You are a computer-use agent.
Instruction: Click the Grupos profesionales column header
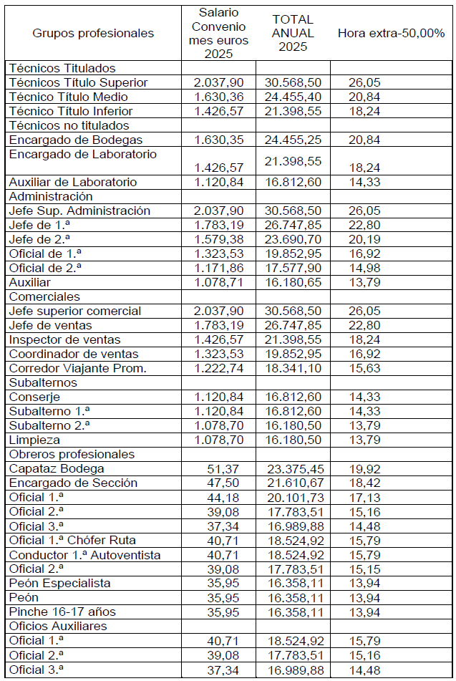coord(93,33)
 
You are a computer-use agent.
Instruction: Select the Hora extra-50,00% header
coord(391,33)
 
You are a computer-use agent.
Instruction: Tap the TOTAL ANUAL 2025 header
coord(293,33)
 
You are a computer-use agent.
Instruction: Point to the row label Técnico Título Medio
coord(68,97)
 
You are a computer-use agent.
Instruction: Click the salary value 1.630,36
coord(218,97)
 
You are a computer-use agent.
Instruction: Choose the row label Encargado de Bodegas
coord(75,140)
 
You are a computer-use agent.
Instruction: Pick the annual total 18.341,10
coord(294,368)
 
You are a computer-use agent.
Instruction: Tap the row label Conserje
coord(34,397)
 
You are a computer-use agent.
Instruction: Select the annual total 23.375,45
coord(294,468)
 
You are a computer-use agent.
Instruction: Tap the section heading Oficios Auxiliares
coord(57,626)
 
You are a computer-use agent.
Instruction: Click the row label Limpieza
coord(34,440)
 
